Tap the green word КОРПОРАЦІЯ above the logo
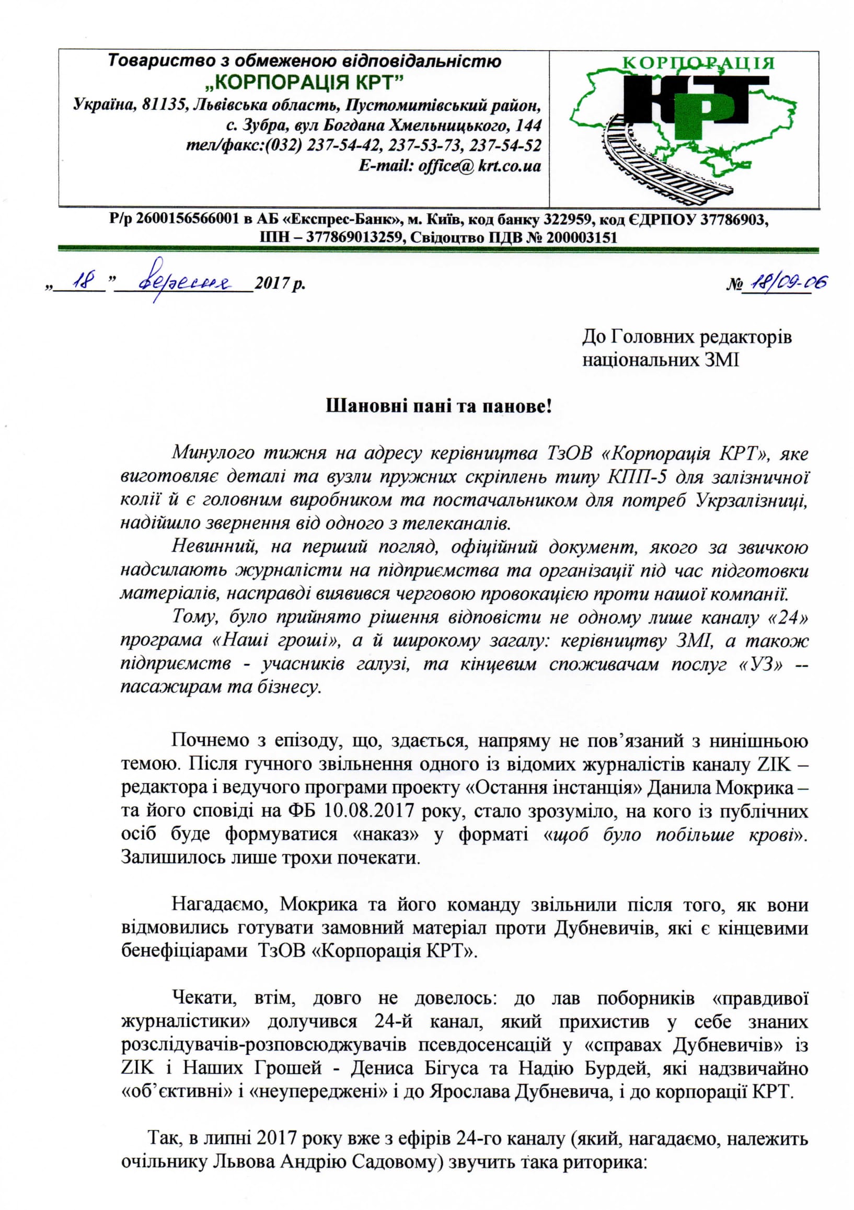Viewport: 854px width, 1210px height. (699, 64)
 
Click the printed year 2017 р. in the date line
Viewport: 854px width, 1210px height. (279, 284)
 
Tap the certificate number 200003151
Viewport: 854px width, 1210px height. (582, 237)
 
